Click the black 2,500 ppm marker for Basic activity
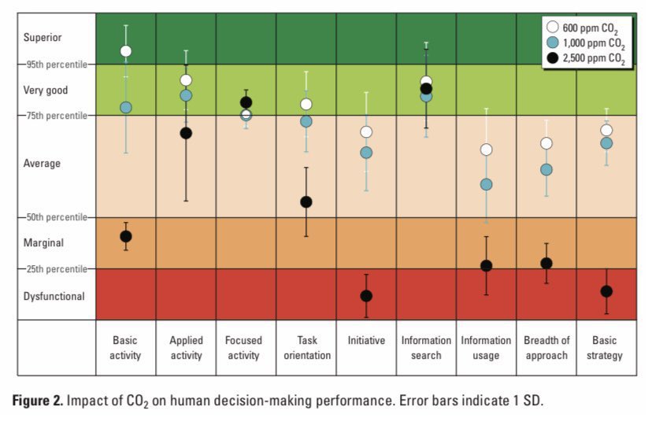point(126,236)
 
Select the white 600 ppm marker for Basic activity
point(126,51)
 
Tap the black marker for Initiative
point(366,296)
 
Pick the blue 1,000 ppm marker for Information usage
point(486,184)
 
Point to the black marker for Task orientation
point(306,202)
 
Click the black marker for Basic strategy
point(606,291)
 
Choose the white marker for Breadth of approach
point(546,143)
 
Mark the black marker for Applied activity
point(186,133)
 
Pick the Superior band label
point(43,37)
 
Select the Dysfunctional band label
point(54,296)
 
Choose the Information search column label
point(426,348)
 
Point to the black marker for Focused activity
point(246,102)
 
